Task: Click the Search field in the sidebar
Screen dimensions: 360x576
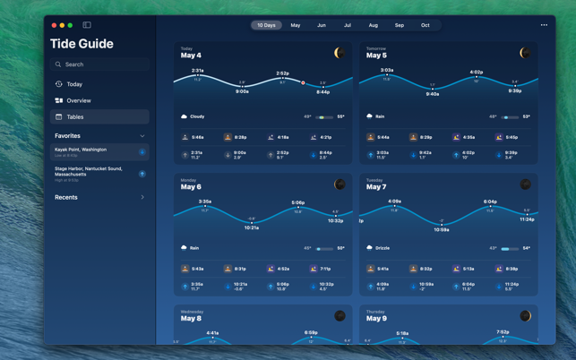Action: click(x=99, y=64)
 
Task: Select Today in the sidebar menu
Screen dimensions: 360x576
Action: click(x=74, y=84)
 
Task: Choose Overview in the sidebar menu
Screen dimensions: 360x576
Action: click(x=78, y=100)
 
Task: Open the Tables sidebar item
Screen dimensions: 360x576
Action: click(x=75, y=116)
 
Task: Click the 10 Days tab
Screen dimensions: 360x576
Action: click(x=266, y=25)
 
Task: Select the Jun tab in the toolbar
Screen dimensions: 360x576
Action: click(x=321, y=25)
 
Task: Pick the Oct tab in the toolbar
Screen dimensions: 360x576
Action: click(x=426, y=25)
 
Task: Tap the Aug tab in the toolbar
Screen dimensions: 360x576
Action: click(x=374, y=25)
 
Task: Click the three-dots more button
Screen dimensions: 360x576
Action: click(x=544, y=25)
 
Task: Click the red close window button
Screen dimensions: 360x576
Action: click(x=54, y=25)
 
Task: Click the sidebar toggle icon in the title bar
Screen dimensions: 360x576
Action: click(x=87, y=25)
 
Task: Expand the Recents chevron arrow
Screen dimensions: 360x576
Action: click(x=142, y=197)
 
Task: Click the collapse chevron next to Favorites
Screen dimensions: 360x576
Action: click(x=142, y=136)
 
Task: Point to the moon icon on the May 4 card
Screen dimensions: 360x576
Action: click(x=340, y=54)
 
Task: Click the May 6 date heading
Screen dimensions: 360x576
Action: click(x=191, y=187)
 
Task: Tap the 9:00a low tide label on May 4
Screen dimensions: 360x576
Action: click(x=242, y=90)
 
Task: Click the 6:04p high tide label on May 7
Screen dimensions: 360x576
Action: click(x=490, y=201)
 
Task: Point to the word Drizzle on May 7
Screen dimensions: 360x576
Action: click(x=383, y=248)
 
